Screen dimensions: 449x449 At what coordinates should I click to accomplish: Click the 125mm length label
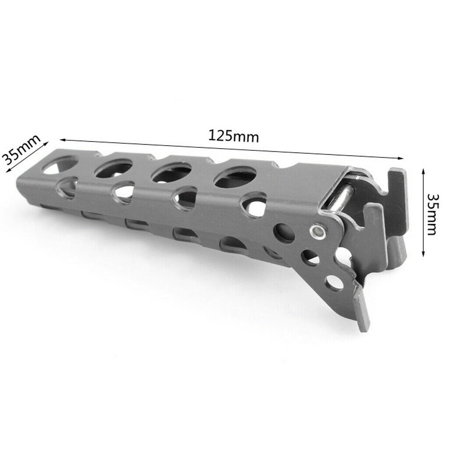point(233,136)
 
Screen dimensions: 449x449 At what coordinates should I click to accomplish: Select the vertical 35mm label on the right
point(431,214)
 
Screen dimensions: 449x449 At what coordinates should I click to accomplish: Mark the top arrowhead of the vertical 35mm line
point(423,172)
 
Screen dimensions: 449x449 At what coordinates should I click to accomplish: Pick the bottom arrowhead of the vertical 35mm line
point(423,253)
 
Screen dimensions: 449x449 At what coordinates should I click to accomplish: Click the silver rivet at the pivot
point(317,231)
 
